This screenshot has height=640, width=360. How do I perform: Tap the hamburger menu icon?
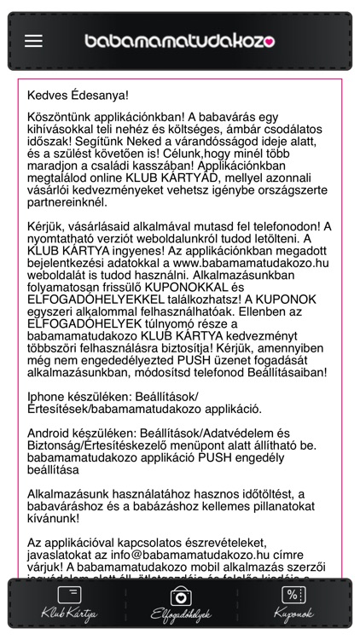pyautogui.click(x=33, y=40)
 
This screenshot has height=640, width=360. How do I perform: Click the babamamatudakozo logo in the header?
pyautogui.click(x=179, y=40)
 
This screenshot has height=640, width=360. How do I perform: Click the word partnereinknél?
pyautogui.click(x=67, y=203)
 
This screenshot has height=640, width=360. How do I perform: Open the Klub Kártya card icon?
pyautogui.click(x=69, y=595)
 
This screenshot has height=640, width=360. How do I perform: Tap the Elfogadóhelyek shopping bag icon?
pyautogui.click(x=180, y=596)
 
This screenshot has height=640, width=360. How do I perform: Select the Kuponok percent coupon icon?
pyautogui.click(x=293, y=595)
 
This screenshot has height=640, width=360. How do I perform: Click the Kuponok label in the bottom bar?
pyautogui.click(x=293, y=614)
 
